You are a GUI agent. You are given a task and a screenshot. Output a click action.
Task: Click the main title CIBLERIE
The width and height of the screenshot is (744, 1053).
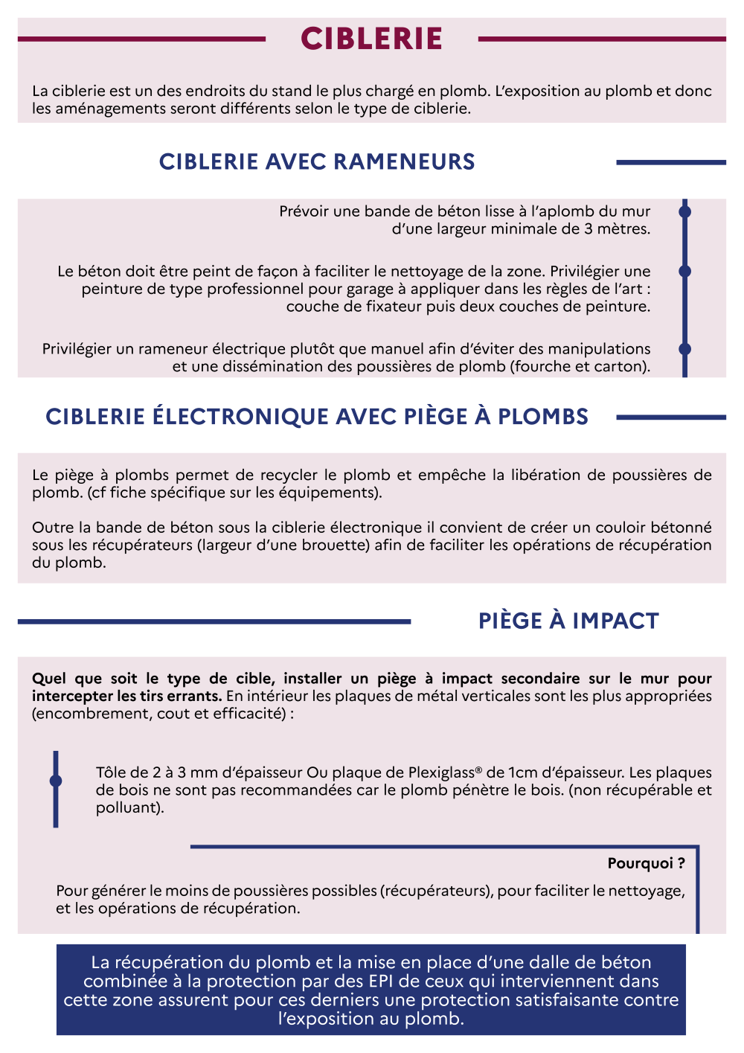(x=371, y=39)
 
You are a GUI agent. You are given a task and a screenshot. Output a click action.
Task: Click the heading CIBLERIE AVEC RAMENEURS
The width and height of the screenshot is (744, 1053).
(x=317, y=161)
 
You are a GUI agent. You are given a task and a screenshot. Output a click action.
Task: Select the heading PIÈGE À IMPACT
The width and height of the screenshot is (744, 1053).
(x=568, y=621)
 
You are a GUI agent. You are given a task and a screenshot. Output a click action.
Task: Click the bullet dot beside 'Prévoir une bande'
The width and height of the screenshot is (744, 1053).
(x=685, y=212)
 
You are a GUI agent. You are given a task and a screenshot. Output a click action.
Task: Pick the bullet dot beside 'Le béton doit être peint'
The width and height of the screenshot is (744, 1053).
(x=685, y=272)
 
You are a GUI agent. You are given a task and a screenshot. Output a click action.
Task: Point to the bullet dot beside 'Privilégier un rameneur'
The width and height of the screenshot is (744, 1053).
(x=685, y=349)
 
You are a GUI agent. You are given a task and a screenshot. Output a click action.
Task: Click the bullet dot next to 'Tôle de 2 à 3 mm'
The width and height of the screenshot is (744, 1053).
(x=56, y=781)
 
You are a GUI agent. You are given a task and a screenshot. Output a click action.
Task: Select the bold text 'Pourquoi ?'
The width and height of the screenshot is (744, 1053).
(x=646, y=863)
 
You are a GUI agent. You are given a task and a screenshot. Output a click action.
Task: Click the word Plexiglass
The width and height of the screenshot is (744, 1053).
(x=443, y=772)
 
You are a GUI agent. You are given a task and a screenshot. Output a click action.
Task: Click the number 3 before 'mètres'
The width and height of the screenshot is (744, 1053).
(x=589, y=229)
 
